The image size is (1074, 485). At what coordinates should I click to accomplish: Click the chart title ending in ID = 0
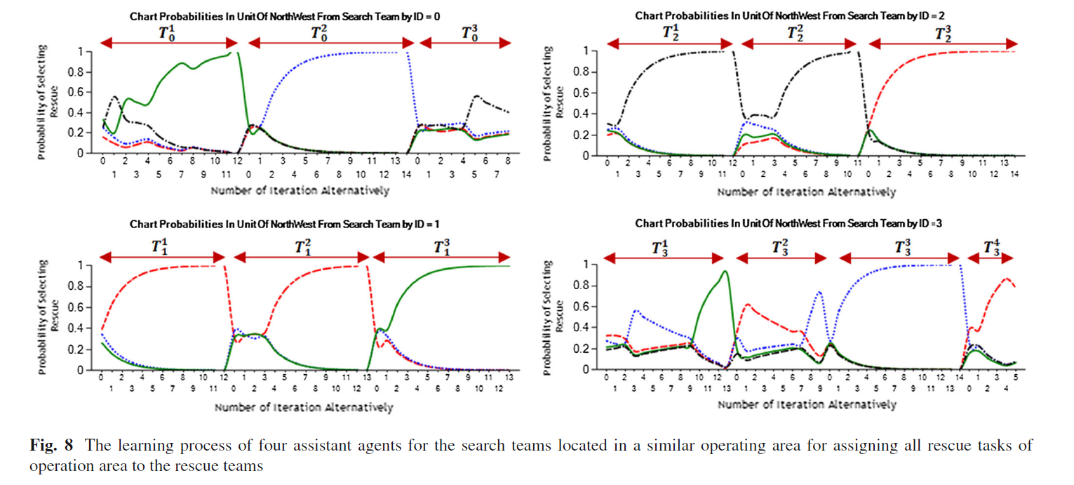[x=285, y=17]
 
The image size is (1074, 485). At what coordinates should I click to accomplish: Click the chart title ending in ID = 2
[x=790, y=16]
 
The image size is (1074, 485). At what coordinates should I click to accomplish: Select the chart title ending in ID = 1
[x=285, y=224]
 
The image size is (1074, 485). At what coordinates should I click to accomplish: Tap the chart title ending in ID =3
[x=788, y=223]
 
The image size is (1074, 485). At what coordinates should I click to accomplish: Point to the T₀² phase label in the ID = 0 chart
[x=319, y=33]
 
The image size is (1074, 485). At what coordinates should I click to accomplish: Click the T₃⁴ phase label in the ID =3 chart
[x=991, y=248]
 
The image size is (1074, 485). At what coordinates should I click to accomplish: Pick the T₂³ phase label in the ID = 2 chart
[x=943, y=34]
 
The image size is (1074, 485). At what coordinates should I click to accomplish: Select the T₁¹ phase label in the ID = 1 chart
[x=160, y=246]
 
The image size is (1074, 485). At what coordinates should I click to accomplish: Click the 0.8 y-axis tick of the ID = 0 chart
[x=74, y=72]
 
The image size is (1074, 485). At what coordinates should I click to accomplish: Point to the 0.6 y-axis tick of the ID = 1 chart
[x=74, y=307]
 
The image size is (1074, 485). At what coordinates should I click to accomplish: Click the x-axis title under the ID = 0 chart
[x=300, y=191]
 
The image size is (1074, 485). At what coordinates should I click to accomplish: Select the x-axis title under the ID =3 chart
[x=807, y=405]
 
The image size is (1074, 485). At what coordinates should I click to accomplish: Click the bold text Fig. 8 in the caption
[x=51, y=445]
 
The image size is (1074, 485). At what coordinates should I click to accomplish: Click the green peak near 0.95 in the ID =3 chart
[x=725, y=271]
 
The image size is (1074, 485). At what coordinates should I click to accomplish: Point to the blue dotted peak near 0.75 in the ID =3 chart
[x=819, y=292]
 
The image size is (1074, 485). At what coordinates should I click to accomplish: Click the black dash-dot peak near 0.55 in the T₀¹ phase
[x=114, y=97]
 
